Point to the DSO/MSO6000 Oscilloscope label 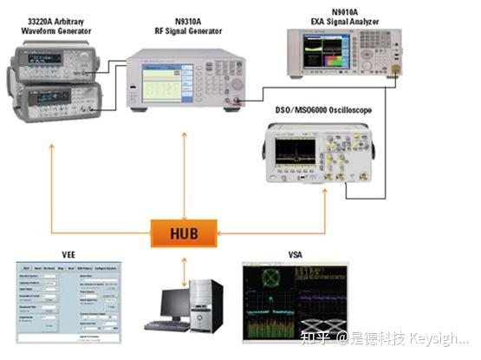pos(323,111)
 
